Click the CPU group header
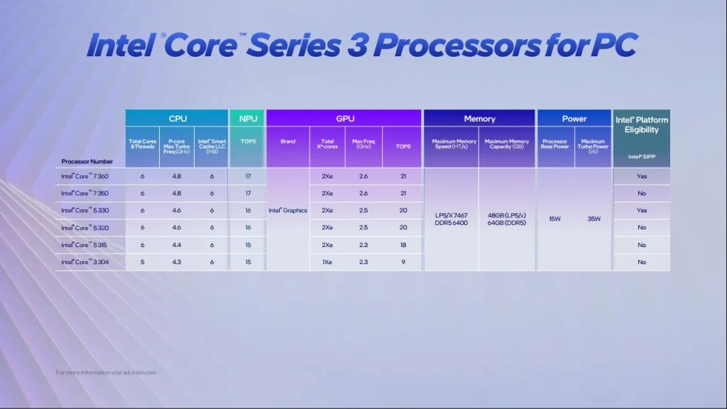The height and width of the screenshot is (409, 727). [x=177, y=119]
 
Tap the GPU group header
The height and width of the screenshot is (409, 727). [x=344, y=119]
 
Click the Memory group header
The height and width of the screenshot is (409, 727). [x=479, y=119]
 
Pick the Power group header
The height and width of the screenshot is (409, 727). [x=574, y=119]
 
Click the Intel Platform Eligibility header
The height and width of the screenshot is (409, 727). [x=641, y=124]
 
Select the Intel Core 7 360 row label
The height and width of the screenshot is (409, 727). [x=84, y=175]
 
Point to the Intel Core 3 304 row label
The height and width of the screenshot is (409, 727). [x=84, y=262]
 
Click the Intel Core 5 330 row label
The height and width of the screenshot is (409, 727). [x=84, y=210]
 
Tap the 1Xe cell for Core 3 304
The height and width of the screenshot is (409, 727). [x=327, y=262]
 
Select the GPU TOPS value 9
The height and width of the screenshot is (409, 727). [x=403, y=262]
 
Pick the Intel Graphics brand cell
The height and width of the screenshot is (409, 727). [x=288, y=210]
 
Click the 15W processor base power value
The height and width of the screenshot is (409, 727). [x=555, y=219]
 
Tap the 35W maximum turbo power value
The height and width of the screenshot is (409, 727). [x=593, y=219]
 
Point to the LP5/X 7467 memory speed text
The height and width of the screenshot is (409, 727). [x=451, y=214]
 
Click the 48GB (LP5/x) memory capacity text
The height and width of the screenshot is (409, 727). [x=507, y=214]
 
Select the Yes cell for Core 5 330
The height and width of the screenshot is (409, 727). [x=641, y=210]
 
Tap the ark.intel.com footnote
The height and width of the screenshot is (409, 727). [x=106, y=372]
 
